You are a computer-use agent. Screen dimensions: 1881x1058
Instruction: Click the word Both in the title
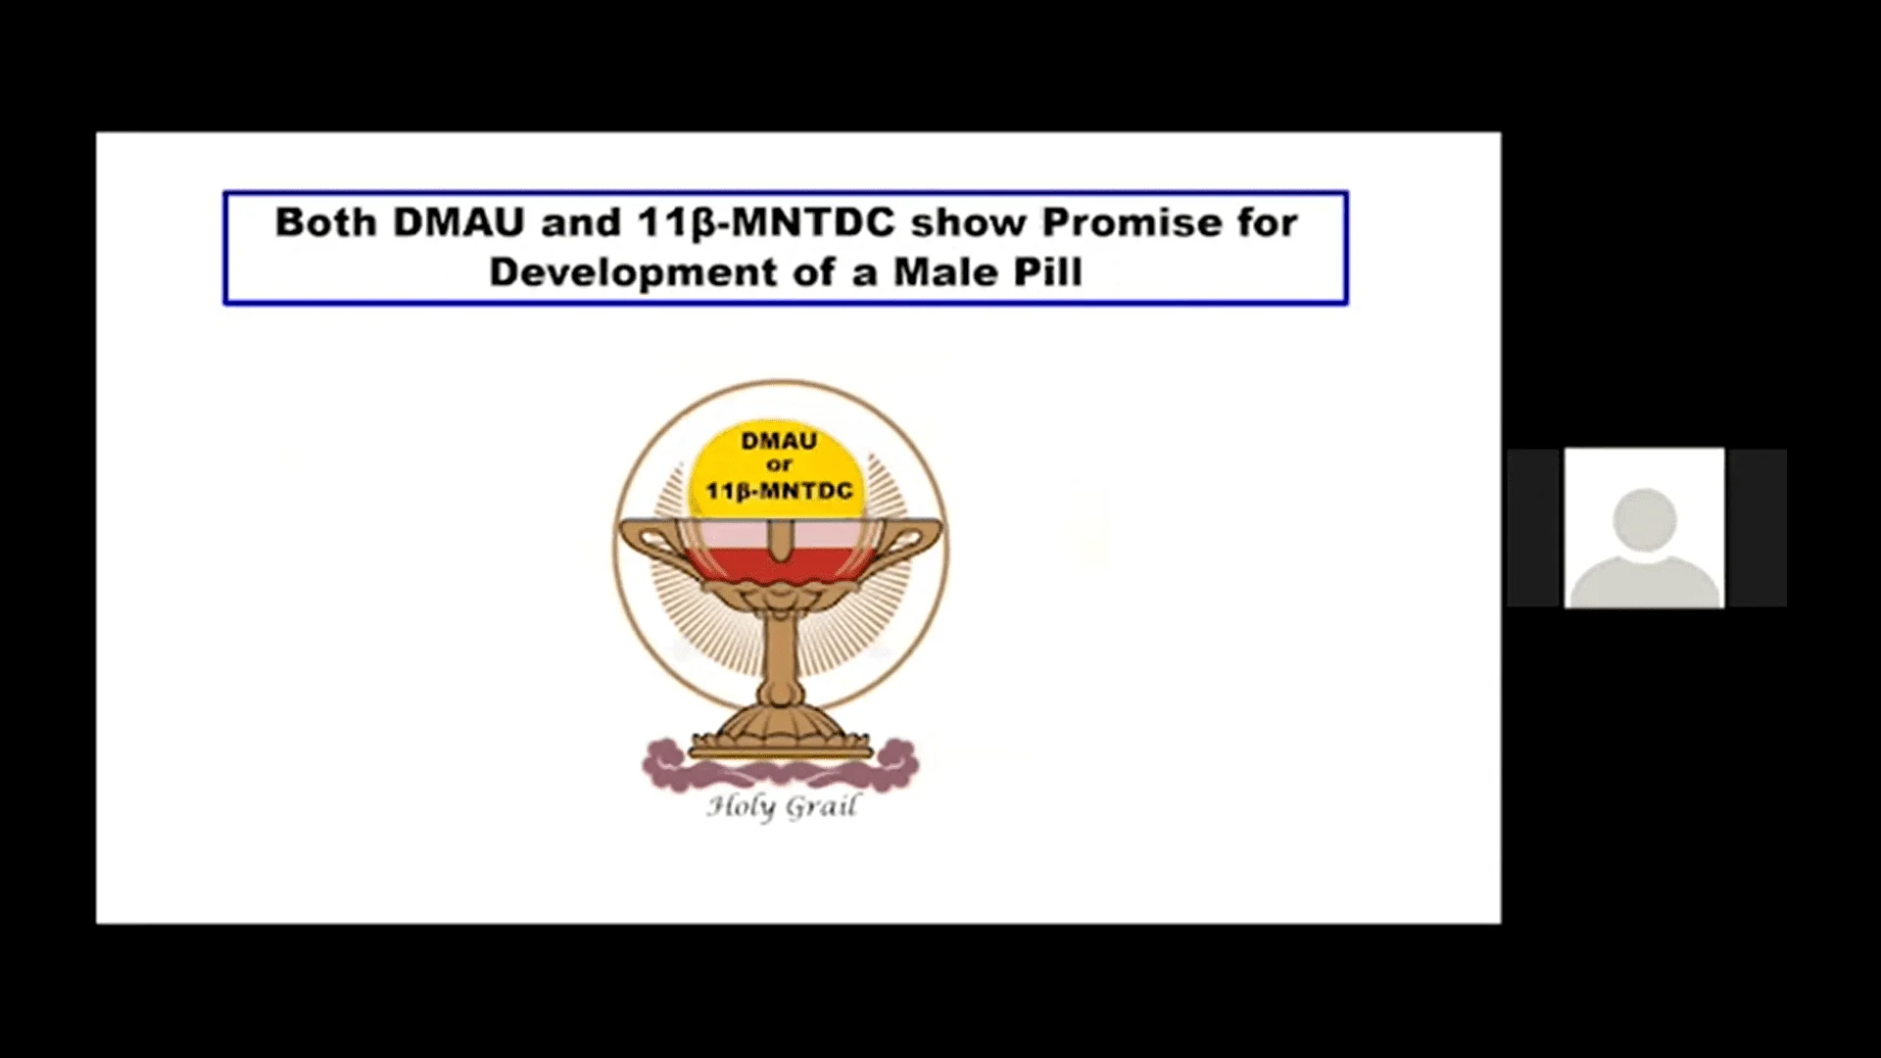325,222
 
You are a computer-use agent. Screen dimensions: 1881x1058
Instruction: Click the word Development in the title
633,273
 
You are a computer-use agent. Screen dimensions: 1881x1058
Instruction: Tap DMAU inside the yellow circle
779,441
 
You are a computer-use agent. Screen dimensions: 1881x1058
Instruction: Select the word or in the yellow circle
779,465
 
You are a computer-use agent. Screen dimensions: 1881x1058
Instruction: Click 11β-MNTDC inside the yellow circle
780,491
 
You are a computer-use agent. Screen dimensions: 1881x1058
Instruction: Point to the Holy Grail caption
782,807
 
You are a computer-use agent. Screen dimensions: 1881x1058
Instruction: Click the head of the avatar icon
1645,520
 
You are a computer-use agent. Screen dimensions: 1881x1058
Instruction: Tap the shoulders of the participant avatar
1645,582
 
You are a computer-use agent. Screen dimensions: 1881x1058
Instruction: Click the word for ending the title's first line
1269,222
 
